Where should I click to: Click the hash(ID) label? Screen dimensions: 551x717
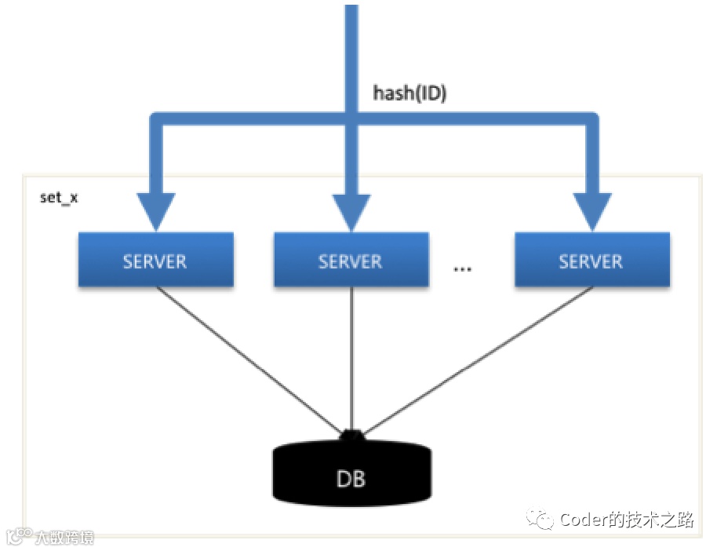click(409, 93)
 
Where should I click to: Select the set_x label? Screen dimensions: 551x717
click(59, 196)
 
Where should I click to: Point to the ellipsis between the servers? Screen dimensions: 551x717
click(463, 269)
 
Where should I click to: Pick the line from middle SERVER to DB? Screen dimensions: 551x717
click(350, 357)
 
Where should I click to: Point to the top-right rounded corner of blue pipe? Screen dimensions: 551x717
click(592, 120)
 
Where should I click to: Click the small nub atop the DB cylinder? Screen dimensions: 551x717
click(351, 434)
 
